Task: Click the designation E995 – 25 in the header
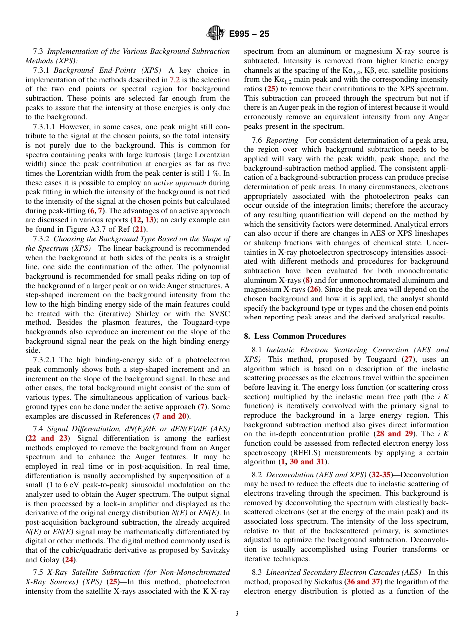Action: (x=249, y=34)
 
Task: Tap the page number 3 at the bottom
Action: (x=237, y=613)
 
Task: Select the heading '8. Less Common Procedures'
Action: (x=295, y=336)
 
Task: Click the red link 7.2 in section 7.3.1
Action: (x=175, y=79)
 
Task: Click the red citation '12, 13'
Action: (x=142, y=220)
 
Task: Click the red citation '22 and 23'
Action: (x=47, y=439)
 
